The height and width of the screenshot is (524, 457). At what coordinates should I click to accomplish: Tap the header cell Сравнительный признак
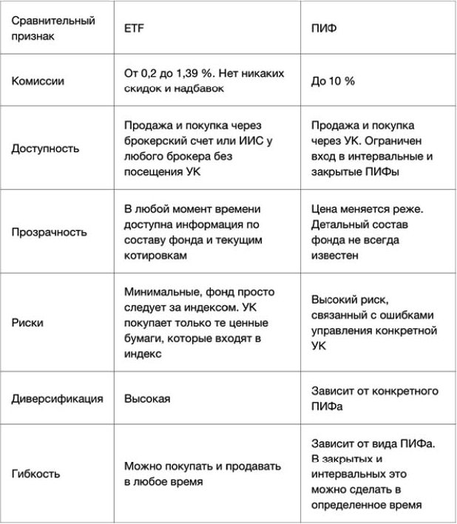[x=53, y=27]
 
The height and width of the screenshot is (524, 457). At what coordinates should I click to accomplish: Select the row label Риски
[x=27, y=323]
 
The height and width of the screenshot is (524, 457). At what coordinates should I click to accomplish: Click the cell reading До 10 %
[x=333, y=81]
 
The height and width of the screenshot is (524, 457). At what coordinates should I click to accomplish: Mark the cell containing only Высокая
[x=147, y=398]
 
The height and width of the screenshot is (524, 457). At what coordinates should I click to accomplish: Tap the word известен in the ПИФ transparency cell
[x=334, y=255]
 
